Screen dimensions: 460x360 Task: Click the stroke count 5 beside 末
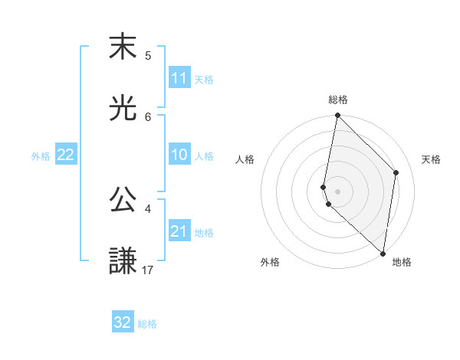(x=148, y=55)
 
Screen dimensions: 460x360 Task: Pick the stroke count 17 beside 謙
(x=148, y=270)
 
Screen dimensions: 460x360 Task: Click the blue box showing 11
(x=179, y=78)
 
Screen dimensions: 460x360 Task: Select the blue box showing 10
(x=179, y=155)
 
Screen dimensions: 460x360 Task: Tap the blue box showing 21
(x=179, y=231)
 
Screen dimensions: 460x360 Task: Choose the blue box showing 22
(x=66, y=155)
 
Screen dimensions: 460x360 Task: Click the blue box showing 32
(x=123, y=322)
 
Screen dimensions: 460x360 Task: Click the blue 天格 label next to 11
(x=204, y=79)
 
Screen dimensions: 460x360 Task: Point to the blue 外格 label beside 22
(x=41, y=155)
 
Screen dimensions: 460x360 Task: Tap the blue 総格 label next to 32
(x=148, y=323)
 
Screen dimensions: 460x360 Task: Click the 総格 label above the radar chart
(x=338, y=100)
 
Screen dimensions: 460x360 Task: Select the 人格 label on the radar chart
(x=245, y=159)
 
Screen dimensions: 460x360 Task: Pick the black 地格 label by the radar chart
(x=402, y=262)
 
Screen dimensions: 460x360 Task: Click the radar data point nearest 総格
(x=337, y=116)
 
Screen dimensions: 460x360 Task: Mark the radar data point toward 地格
(x=383, y=254)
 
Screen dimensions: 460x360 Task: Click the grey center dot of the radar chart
(x=337, y=191)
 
